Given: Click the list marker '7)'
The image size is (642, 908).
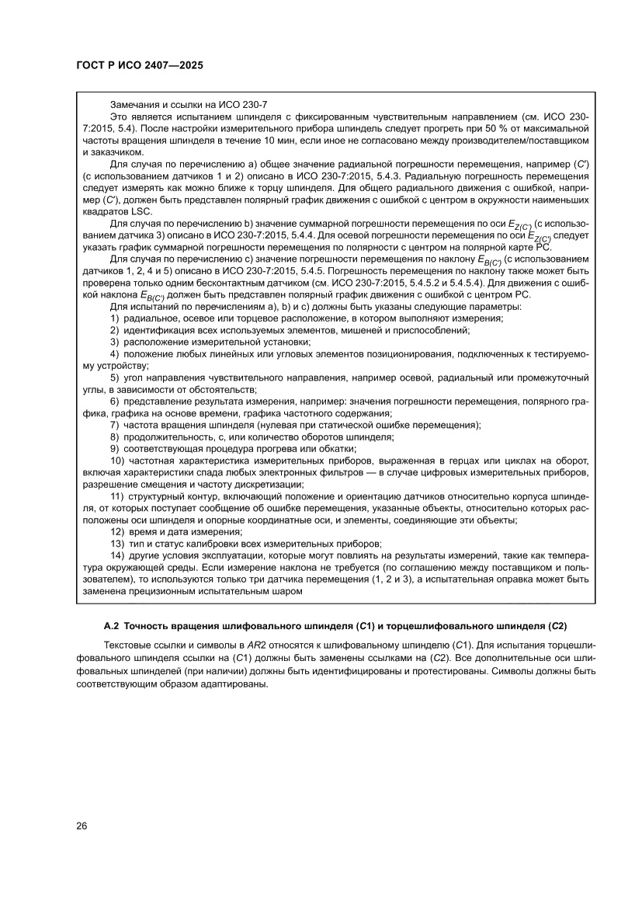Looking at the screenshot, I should pyautogui.click(x=115, y=425).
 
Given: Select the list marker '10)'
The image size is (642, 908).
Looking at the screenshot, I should pyautogui.click(x=117, y=461).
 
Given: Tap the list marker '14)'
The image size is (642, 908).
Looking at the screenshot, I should pyautogui.click(x=117, y=555).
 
